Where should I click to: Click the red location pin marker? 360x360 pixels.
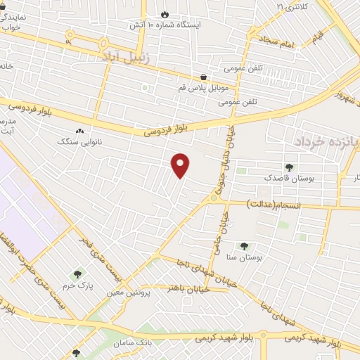pos(181,165)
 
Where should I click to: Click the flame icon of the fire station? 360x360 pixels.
pos(165,13)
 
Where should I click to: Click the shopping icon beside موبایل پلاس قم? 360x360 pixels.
pos(204,77)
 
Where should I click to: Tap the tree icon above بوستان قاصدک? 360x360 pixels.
pos(289,167)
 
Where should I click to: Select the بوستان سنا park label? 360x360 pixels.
pos(245,257)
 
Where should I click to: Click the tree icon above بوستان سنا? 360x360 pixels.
pos(244,246)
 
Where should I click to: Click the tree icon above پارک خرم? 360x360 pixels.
pos(77,274)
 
